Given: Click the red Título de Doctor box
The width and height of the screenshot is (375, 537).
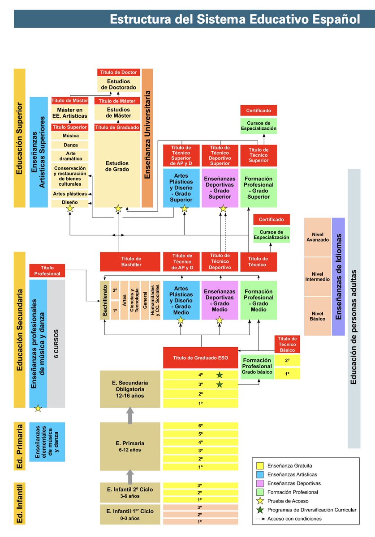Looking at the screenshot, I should click(118, 72).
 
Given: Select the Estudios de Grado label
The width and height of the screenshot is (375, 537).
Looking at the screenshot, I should click(117, 166).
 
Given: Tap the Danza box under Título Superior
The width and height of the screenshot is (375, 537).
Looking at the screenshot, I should click(70, 145).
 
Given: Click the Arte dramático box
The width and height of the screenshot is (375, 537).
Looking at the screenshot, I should click(70, 156).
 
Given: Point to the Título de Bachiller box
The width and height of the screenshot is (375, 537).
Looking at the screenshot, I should click(130, 262).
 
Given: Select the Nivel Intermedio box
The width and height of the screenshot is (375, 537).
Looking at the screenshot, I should click(317, 277).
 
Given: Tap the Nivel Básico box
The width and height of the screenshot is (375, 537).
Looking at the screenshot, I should click(317, 315).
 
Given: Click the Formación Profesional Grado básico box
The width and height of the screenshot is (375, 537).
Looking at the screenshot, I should click(257, 366).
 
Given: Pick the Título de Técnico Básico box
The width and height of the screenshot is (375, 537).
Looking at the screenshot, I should click(287, 344).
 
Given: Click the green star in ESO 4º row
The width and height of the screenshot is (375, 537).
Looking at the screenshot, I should click(220, 375).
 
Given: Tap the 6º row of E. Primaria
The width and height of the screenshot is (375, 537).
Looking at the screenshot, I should click(200, 426).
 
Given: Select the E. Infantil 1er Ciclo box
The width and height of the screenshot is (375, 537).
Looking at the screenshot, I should click(130, 514).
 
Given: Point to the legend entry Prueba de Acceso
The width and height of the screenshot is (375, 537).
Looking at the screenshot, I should click(288, 501).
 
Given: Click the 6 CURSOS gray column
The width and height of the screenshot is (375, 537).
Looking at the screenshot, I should click(56, 344).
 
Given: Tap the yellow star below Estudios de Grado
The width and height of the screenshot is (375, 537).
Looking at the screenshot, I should click(118, 208).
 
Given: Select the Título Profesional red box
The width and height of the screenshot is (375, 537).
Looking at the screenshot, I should click(47, 271).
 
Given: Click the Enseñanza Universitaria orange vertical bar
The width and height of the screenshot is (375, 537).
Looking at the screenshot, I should click(147, 138).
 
